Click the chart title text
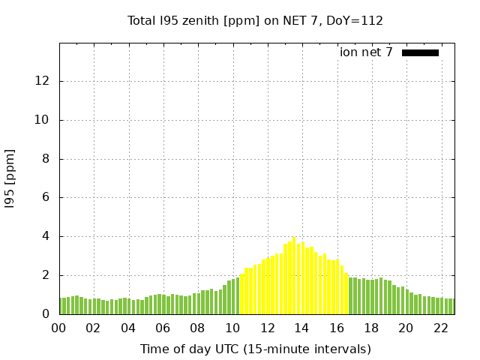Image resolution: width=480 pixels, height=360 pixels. point(255,20)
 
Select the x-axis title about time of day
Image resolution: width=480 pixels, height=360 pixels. point(255,349)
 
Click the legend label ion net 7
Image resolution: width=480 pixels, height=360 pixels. point(366,52)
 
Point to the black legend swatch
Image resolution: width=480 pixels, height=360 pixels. point(420,52)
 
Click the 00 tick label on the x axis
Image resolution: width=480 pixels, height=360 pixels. point(59,328)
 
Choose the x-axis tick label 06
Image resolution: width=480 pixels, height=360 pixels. point(163,328)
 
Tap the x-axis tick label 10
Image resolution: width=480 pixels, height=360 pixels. point(232,328)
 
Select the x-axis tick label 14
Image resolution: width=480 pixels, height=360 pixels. point(301,328)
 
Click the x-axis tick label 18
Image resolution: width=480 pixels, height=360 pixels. point(370,328)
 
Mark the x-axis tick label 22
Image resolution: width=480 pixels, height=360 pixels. point(440,328)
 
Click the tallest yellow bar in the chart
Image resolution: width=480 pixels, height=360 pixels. point(294,276)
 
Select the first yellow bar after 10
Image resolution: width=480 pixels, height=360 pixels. point(242,294)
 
